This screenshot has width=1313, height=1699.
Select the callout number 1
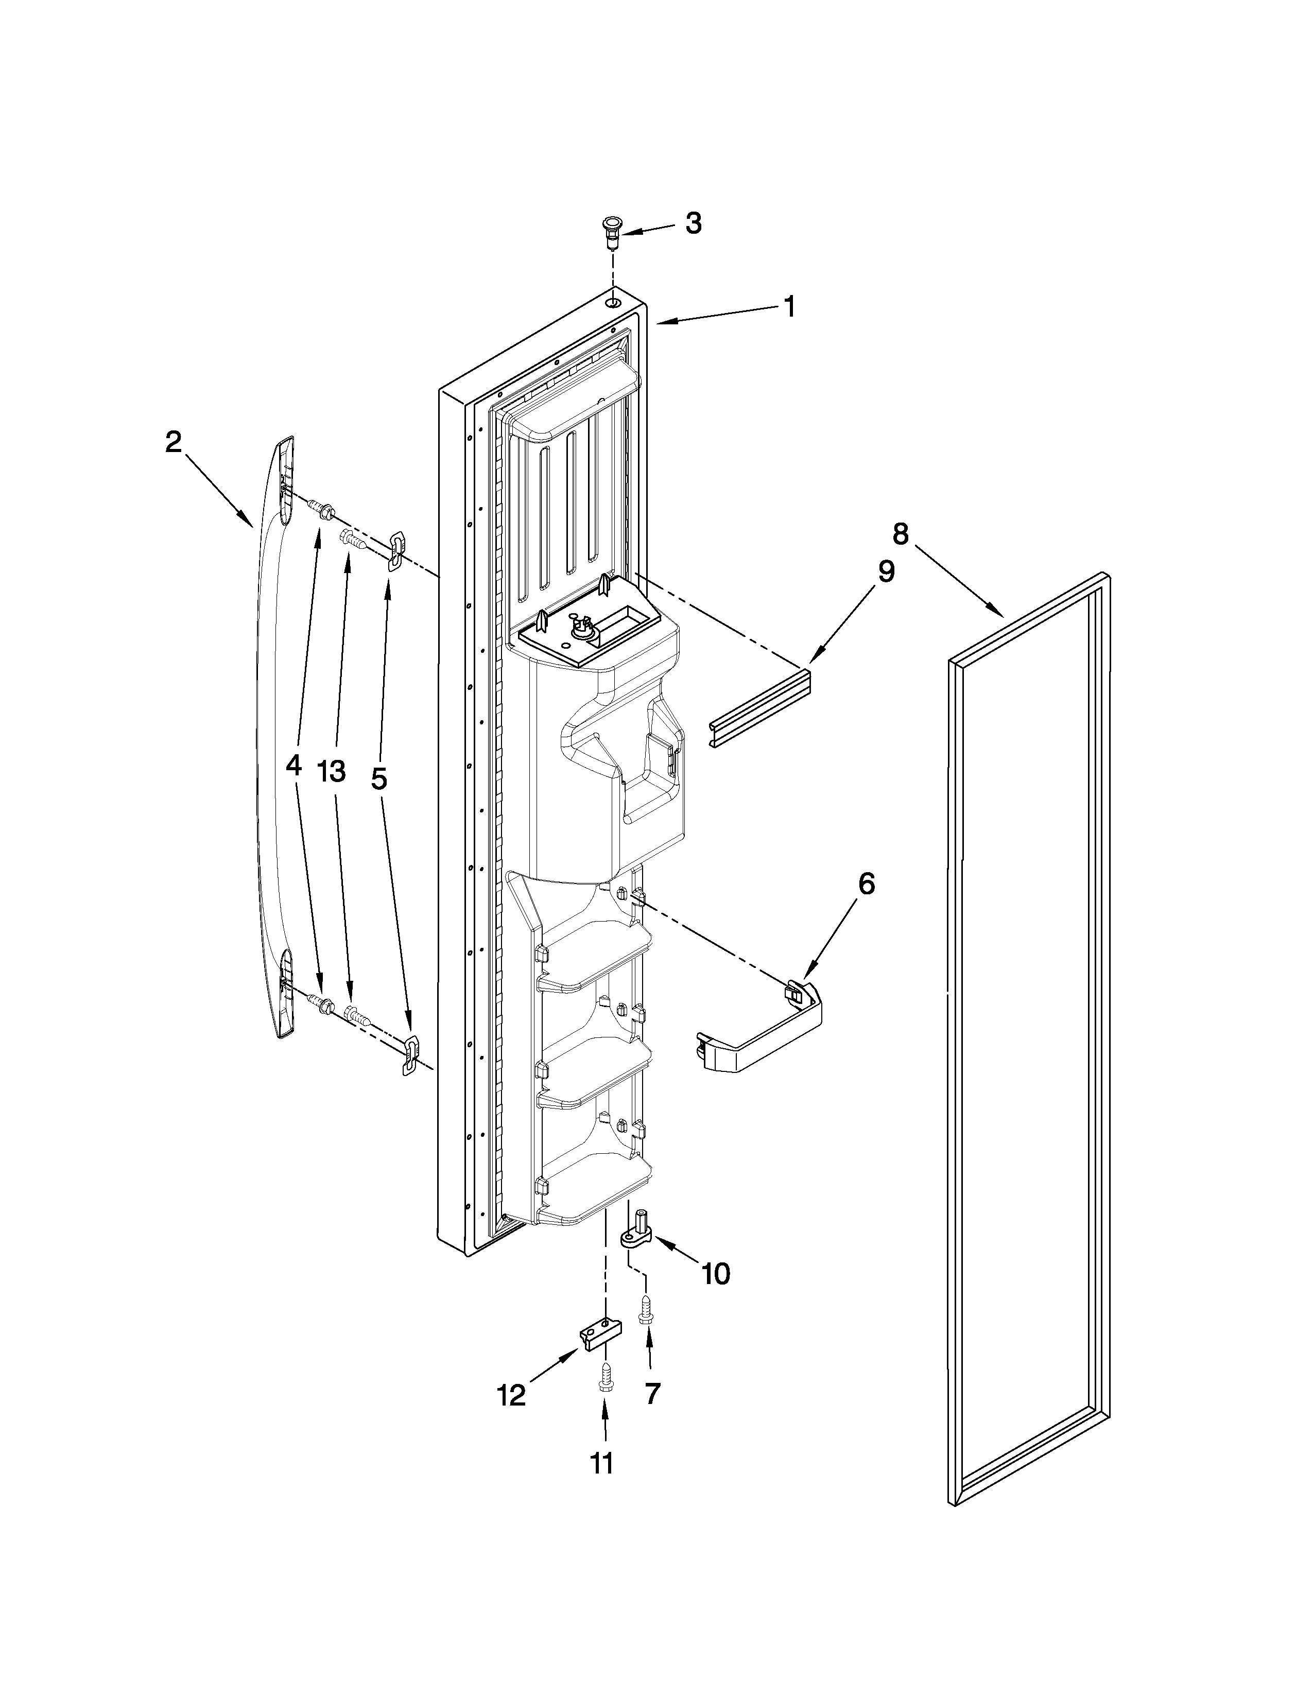pyautogui.click(x=789, y=306)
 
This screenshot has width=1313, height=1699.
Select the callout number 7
pyautogui.click(x=652, y=1393)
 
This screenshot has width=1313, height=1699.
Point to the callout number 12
pyautogui.click(x=511, y=1396)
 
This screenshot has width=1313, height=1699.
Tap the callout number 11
pyautogui.click(x=601, y=1463)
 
